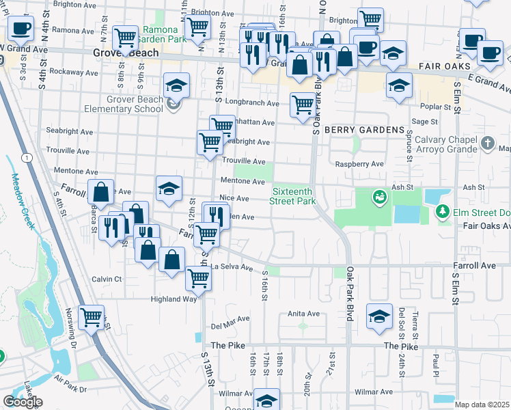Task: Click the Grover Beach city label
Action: click(126, 53)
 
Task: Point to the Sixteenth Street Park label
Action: click(294, 197)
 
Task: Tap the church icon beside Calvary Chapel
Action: click(487, 143)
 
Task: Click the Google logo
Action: click(23, 402)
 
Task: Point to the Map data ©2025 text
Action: click(482, 405)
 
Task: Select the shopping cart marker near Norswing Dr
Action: click(91, 316)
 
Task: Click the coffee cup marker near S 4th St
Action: click(20, 29)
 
